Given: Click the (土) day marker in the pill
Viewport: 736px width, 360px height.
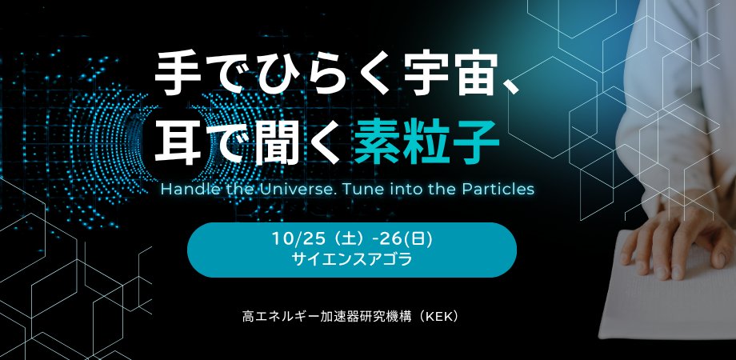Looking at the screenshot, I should (x=338, y=240).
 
